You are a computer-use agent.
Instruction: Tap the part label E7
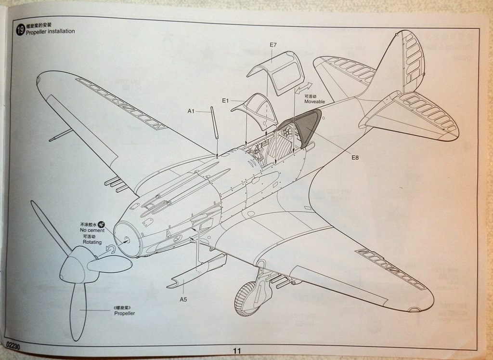click(273, 45)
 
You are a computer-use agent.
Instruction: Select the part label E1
click(225, 101)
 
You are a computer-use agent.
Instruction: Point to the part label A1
click(191, 111)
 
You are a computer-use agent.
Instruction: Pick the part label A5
click(183, 299)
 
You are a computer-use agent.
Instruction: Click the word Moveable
click(314, 102)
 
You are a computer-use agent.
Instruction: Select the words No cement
click(92, 230)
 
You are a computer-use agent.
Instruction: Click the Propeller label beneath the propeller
click(124, 313)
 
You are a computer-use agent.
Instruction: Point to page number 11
click(236, 350)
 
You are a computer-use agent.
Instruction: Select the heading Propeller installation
click(51, 31)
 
